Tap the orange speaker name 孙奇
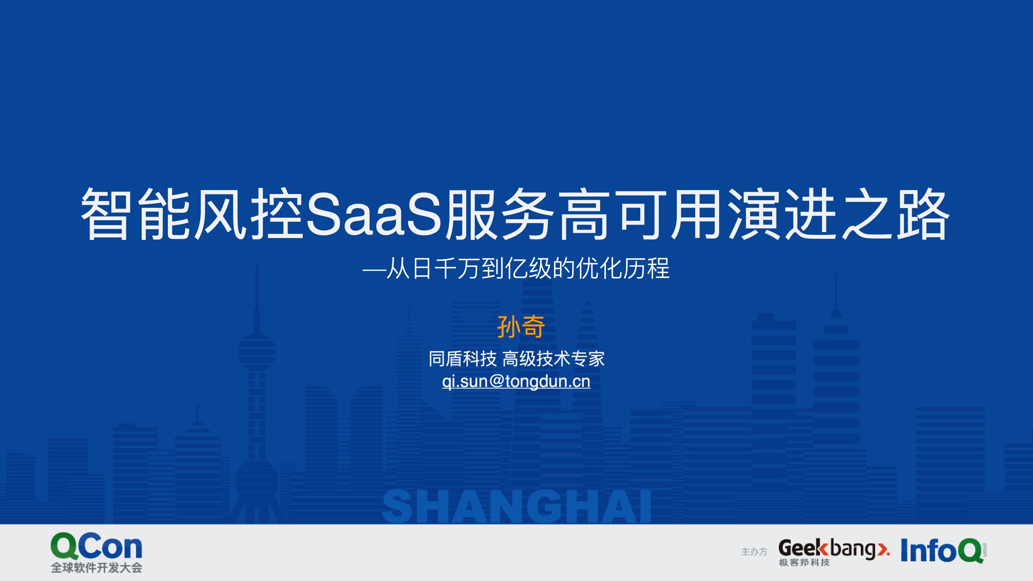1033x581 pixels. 520,327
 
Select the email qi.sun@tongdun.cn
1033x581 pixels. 516,381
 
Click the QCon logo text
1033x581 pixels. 96,546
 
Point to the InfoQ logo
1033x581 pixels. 944,551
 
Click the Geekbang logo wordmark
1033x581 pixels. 834,548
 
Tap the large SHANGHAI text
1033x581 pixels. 516,507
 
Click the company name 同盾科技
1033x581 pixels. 462,359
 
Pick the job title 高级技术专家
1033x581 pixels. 553,359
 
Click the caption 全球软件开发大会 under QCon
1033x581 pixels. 96,568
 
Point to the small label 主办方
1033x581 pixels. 754,552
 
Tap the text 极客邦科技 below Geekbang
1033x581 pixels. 804,563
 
